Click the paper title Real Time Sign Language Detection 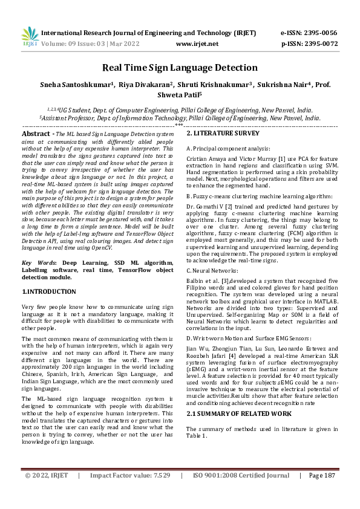180,68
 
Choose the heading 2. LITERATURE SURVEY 223,133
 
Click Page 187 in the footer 321,493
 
